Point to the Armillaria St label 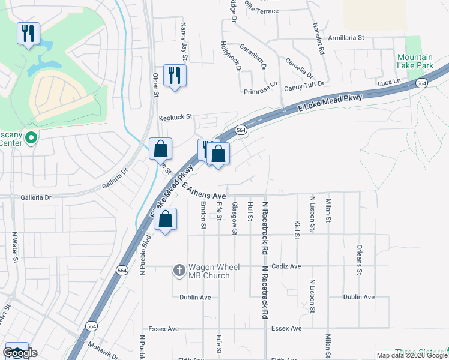coord(344,37)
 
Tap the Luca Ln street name coord(388,81)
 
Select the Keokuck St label coord(175,117)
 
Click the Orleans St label coord(359,259)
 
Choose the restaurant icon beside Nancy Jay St coord(175,76)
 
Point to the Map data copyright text coord(411,355)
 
